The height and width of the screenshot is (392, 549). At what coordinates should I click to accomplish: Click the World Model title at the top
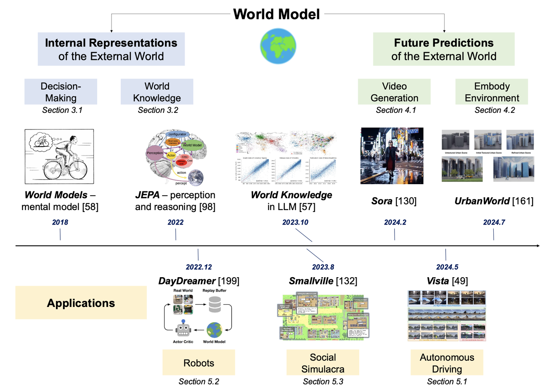point(276,14)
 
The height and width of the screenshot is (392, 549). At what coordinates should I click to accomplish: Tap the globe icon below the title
point(278,46)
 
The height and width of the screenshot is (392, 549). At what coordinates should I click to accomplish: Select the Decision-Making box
point(61,92)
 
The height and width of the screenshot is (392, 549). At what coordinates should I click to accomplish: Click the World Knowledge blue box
point(157,92)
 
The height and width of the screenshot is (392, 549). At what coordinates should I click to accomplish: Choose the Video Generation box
point(394,92)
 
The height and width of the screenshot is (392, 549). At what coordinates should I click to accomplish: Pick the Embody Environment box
point(491,92)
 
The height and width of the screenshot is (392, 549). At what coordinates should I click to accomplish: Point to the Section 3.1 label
point(62,110)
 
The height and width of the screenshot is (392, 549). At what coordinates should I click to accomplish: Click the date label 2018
point(60,222)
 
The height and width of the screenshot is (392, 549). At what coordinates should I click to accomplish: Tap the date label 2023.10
point(295,222)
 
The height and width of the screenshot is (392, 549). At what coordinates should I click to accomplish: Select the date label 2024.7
point(494,222)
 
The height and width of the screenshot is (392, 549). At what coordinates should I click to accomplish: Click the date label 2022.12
point(199,267)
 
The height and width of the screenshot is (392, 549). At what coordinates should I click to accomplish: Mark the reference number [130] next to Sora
point(406,201)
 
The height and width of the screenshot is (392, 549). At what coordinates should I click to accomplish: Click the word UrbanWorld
point(482,201)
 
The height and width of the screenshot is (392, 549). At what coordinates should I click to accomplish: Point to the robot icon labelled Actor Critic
point(183,329)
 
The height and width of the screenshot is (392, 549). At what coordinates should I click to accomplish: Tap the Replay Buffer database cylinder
point(215,304)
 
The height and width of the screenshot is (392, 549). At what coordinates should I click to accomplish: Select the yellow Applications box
point(81,303)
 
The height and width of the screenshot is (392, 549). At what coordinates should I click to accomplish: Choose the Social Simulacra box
point(323,363)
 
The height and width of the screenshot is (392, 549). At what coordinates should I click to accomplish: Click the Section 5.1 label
point(447,382)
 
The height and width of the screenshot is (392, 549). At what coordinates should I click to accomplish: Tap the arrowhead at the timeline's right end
point(538,246)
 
